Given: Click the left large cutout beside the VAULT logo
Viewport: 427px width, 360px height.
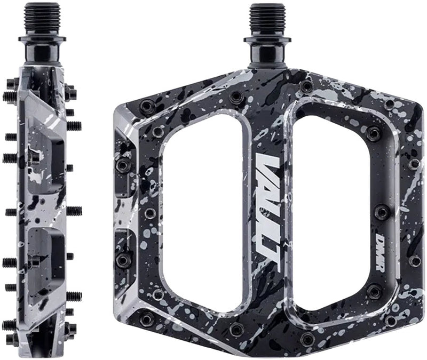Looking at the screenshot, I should coord(202,213).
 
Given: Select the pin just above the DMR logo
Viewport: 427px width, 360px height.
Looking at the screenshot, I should coord(382,211).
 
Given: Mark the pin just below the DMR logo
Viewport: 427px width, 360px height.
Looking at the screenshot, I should coord(376,291).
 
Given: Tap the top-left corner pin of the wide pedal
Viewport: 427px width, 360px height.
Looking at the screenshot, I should coord(145,106).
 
